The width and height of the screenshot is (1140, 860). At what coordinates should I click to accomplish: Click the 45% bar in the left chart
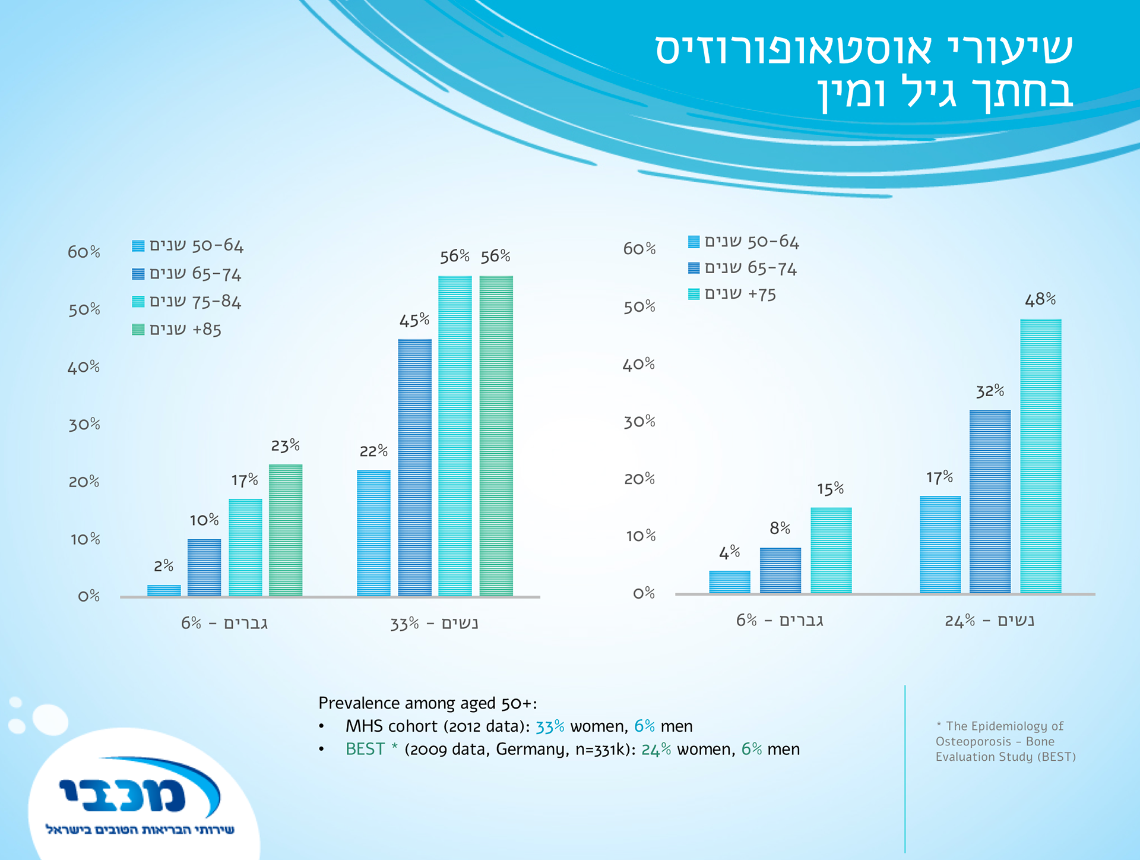coord(414,467)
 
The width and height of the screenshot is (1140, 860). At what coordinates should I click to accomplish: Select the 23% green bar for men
coord(286,530)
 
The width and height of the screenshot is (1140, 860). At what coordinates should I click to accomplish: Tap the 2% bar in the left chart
coord(164,590)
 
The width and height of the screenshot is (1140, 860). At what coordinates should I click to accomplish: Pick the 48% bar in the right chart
coord(1040,456)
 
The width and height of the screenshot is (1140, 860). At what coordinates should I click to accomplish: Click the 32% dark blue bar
coord(990,501)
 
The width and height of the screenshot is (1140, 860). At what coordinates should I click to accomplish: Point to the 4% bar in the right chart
coord(729,581)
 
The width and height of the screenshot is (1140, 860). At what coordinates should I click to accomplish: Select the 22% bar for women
coord(373,533)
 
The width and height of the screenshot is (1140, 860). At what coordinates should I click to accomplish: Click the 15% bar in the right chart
coord(831,550)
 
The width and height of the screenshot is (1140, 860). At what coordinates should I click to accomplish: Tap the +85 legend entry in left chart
coord(177,330)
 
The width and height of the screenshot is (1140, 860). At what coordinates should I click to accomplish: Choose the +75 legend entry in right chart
coord(732,295)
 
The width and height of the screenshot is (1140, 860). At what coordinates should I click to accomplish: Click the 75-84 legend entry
coord(186,302)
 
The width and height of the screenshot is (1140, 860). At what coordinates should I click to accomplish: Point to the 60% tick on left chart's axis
coord(84,252)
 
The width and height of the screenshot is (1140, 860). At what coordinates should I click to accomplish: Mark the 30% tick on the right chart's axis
coord(639,422)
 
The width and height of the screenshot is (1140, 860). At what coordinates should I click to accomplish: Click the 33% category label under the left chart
coord(434,624)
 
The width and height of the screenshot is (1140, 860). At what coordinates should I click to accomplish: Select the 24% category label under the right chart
coord(989,621)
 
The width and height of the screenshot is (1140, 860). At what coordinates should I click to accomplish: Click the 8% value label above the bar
coord(780,528)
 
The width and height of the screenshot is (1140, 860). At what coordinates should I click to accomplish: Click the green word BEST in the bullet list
coord(365,750)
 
